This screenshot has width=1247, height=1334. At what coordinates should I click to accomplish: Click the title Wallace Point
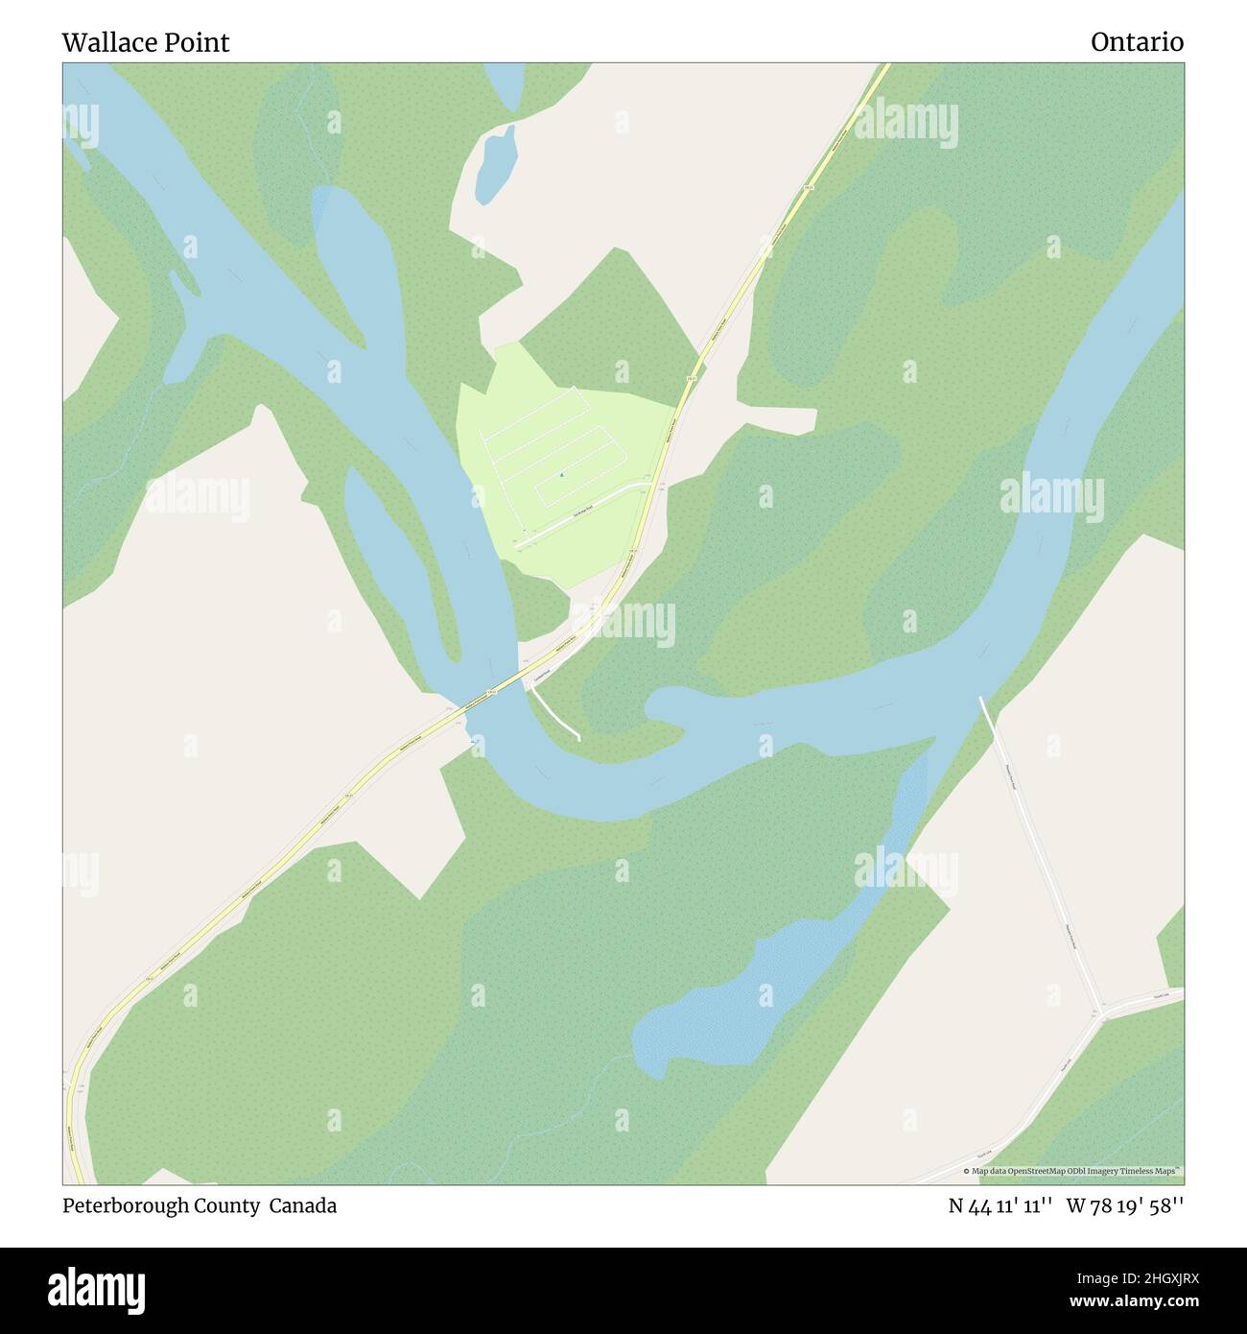coord(146,42)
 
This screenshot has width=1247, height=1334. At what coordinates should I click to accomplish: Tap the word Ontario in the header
coord(1137,42)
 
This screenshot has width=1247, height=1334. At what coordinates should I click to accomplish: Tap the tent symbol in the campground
coord(561,474)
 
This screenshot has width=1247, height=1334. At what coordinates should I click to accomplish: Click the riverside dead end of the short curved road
coord(578,737)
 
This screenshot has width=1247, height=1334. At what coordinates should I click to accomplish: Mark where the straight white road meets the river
coord(980,700)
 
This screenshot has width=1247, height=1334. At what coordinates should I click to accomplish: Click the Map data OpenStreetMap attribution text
coord(1073,1172)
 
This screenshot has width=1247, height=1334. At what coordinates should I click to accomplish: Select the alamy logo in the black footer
coord(97,1288)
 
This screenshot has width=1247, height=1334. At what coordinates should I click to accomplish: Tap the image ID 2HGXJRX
coord(1141,1276)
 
